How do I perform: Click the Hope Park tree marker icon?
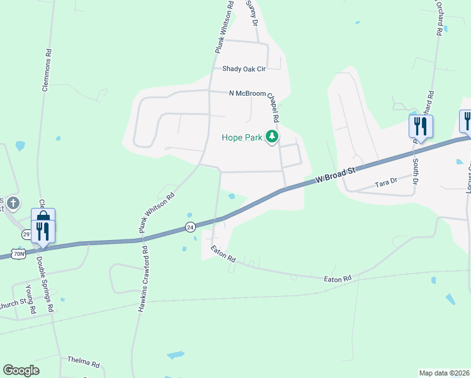click(x=272, y=136)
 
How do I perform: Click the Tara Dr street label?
click(x=385, y=183)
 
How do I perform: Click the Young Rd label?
click(x=28, y=299)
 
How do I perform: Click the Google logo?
click(x=21, y=370)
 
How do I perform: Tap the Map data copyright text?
click(x=444, y=373)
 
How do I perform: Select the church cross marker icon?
click(x=14, y=202)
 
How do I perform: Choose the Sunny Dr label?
click(x=253, y=13)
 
